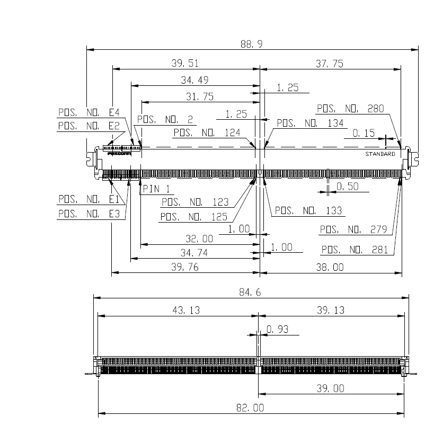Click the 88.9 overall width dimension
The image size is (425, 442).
[x=252, y=45]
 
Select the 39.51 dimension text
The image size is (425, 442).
[x=185, y=64]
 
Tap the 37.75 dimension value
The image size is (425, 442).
[x=330, y=64]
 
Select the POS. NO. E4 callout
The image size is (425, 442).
[x=89, y=112]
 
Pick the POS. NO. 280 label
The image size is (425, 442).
[x=350, y=109]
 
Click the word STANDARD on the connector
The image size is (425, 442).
[x=380, y=154]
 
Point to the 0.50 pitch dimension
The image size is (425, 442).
[x=347, y=187]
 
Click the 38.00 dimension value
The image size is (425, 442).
[x=330, y=268]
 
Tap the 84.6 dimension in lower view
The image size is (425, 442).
[x=252, y=293]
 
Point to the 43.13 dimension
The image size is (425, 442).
[x=186, y=311]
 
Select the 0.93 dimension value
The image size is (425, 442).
[x=278, y=330]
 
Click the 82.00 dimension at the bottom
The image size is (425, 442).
[x=252, y=408]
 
